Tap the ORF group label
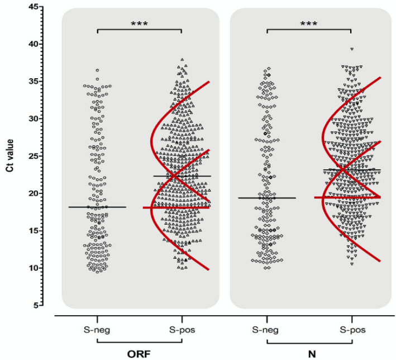tap(140, 353)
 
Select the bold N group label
tap(309, 353)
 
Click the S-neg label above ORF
tap(98, 329)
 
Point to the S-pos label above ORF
tap(182, 329)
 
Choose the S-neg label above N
tap(267, 329)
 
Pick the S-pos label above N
tap(351, 329)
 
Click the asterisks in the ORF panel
tap(140, 24)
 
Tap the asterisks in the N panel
tap(309, 24)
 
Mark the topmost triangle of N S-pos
tap(352, 50)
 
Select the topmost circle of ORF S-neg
tap(97, 70)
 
